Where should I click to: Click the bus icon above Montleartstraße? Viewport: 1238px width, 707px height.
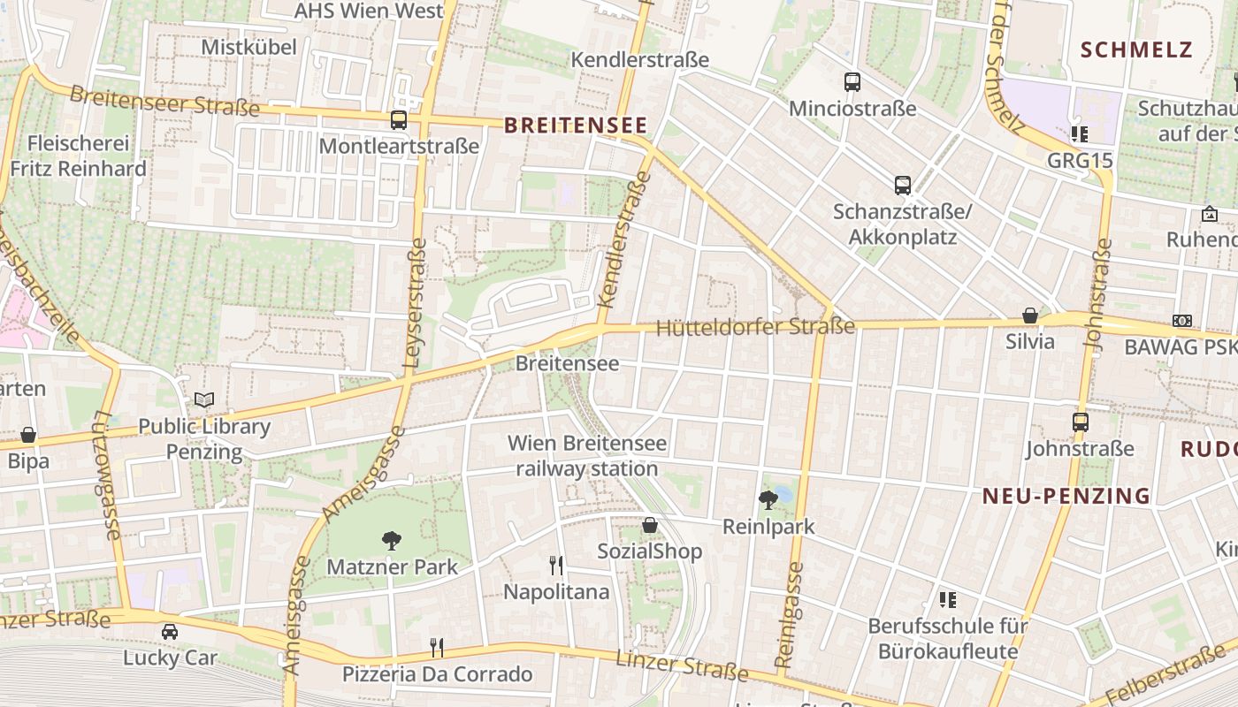point(399,120)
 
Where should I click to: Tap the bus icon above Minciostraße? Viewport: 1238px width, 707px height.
point(852,82)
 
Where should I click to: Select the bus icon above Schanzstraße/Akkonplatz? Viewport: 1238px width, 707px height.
point(902,186)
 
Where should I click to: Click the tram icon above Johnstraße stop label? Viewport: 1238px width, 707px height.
point(1080,422)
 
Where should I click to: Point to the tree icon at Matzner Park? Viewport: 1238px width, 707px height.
point(391,540)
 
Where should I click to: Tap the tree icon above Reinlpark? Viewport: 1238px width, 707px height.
point(768,499)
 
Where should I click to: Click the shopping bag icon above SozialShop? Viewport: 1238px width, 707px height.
point(650,525)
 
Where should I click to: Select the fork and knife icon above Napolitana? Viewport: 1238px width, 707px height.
point(556,565)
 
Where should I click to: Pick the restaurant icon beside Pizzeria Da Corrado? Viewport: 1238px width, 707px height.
point(437,647)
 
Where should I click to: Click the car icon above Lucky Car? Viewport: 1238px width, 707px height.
point(169,631)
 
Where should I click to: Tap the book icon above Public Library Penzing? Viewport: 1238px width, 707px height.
point(204,399)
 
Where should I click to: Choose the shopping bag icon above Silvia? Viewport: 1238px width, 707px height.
point(1030,315)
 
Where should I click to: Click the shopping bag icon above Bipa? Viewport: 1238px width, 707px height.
point(28,435)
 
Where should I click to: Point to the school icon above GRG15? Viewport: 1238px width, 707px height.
point(1079,134)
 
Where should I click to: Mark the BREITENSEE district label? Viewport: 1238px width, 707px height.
point(576,125)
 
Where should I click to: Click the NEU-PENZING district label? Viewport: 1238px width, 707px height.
point(1066,496)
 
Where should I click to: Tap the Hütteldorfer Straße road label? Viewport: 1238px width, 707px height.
point(755,327)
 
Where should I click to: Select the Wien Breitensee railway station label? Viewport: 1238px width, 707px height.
point(587,455)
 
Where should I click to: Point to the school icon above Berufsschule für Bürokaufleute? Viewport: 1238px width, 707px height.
point(948,600)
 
